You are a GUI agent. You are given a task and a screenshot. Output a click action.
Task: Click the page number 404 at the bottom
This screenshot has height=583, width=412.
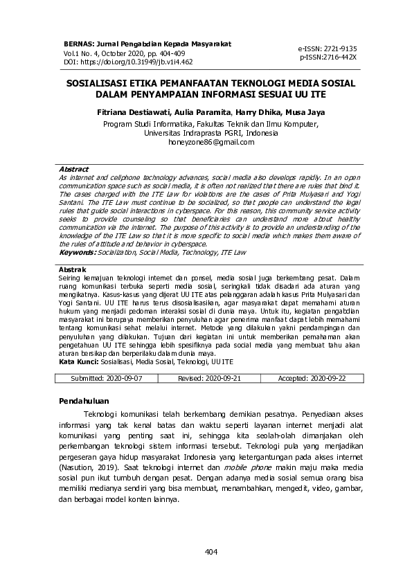(x=211, y=551)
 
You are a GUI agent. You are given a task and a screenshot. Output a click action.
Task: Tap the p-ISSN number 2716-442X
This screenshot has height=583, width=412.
(x=328, y=57)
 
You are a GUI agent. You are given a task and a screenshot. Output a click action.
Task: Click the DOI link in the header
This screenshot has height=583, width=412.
(x=128, y=62)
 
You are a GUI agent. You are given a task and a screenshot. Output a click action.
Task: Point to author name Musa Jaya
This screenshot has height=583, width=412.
(x=286, y=111)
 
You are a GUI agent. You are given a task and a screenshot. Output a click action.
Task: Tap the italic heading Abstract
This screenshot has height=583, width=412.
(x=73, y=169)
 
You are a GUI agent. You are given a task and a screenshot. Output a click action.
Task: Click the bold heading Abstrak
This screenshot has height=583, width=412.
(x=72, y=269)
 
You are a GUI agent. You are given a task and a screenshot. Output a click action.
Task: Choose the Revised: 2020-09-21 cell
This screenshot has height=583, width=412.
(x=209, y=379)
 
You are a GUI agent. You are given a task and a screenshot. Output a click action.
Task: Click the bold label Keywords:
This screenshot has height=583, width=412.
(x=77, y=253)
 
